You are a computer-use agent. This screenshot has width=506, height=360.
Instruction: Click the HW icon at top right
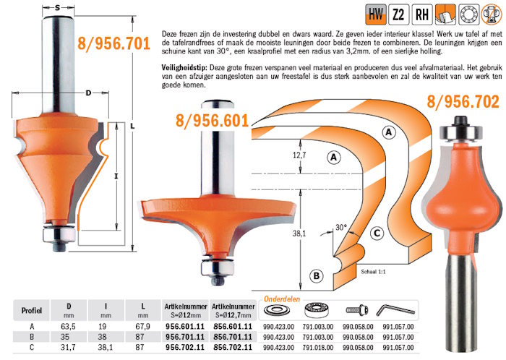tap(376, 14)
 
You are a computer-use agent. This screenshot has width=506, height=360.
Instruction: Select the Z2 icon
tap(399, 14)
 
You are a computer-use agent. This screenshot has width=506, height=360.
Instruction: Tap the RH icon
tap(422, 14)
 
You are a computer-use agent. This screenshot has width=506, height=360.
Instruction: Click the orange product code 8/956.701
tap(114, 43)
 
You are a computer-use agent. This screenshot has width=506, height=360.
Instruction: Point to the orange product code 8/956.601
tap(213, 121)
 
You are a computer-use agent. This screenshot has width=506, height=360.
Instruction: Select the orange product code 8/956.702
tap(463, 101)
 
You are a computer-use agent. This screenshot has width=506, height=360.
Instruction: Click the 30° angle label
tap(340, 228)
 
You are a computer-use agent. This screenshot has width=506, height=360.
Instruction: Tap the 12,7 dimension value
tap(299, 155)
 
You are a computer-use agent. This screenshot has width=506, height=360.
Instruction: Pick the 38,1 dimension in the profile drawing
tap(299, 233)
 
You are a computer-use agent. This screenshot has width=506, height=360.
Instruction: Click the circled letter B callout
tap(317, 276)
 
